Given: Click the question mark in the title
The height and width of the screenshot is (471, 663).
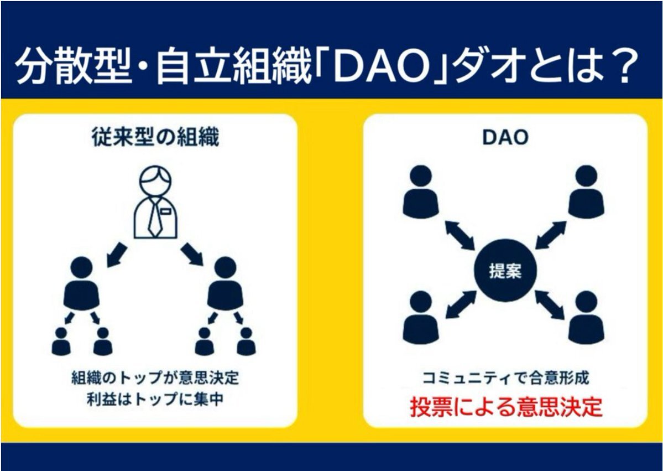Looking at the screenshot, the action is (x=621, y=66).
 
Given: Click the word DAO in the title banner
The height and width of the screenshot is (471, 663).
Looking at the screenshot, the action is (x=377, y=66).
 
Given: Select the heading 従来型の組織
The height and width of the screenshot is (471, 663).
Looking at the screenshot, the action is (x=155, y=137).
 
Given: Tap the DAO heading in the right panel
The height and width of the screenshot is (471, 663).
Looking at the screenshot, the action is (x=505, y=137).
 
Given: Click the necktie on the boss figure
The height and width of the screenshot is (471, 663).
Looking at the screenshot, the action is (x=155, y=218).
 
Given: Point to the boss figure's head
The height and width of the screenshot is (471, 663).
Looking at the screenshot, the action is (x=155, y=182).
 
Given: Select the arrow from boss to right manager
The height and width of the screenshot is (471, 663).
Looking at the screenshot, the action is (x=192, y=255).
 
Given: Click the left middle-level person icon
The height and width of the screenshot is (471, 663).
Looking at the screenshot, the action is (x=81, y=283).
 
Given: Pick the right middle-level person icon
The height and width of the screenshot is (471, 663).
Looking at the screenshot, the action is (x=226, y=283).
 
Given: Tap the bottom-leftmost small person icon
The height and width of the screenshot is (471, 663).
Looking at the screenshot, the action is (x=61, y=341).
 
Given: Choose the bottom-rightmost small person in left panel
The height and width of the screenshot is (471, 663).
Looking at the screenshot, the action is (x=246, y=341).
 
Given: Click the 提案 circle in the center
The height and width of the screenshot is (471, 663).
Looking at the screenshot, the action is (x=505, y=271).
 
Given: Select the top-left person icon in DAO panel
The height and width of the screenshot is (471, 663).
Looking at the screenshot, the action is (x=421, y=191).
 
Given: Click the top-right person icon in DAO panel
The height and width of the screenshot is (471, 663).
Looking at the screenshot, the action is (x=586, y=191).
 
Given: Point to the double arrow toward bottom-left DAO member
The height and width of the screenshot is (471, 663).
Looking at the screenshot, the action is (x=461, y=304).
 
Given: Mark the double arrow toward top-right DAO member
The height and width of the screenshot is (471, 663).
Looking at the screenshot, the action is (x=551, y=235).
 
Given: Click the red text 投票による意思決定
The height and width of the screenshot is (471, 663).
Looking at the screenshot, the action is (x=506, y=407).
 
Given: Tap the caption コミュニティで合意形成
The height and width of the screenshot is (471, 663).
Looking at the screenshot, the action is (x=506, y=377).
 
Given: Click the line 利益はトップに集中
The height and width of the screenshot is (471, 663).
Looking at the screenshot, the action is (x=155, y=399).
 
